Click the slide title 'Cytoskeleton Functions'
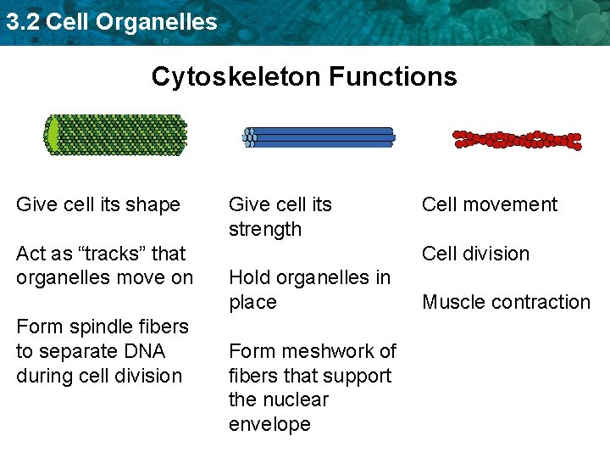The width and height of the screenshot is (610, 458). tap(304, 77)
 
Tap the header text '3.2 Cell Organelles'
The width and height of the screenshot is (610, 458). tap(111, 22)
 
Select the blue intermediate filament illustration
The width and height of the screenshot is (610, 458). tap(319, 137)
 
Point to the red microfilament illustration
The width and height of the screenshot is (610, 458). tap(517, 140)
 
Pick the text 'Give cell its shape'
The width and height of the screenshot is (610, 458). tap(98, 204)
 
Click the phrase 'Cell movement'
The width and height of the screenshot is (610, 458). tap(490, 204)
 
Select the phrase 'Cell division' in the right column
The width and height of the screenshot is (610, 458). tap(475, 254)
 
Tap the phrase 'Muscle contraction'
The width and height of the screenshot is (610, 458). tap(506, 302)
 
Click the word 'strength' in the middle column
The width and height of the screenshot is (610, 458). tap(265, 229)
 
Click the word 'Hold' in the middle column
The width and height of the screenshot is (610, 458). tap(249, 277)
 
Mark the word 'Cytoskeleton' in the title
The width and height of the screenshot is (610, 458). tap(236, 77)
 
